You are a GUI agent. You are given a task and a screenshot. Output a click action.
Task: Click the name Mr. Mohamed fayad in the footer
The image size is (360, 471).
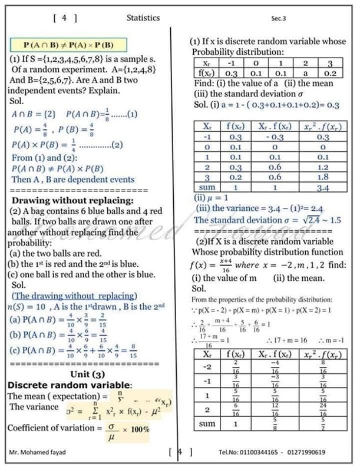37,452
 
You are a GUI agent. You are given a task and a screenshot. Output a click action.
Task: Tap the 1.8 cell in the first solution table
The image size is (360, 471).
322,177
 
